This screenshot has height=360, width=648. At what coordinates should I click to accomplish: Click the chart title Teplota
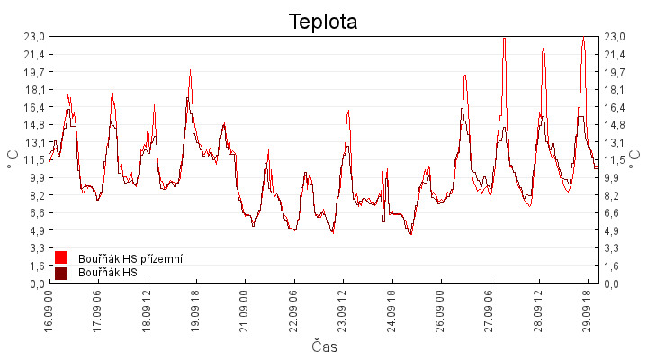point(323,22)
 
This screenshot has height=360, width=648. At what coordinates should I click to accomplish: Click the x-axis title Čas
point(324,346)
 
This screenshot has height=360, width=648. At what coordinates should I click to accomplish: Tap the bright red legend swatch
point(61,257)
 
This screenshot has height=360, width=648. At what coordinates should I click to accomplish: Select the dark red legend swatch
point(61,274)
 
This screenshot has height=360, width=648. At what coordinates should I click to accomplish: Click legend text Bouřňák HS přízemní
point(130,258)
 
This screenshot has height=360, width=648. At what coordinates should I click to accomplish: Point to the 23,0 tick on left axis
point(35,37)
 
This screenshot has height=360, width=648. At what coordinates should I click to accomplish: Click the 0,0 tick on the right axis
point(611,283)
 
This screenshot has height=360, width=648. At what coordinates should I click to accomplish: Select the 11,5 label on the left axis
point(35,160)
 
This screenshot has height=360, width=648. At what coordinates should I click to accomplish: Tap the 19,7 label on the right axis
point(615,72)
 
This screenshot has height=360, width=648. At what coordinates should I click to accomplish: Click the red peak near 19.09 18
point(190,70)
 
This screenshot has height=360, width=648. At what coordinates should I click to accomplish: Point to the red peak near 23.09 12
point(348,111)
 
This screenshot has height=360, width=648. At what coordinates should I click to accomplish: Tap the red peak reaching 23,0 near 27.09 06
point(504,38)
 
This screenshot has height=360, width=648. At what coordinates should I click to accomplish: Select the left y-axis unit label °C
point(13,159)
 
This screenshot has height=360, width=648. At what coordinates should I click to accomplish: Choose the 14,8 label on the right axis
point(615,125)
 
